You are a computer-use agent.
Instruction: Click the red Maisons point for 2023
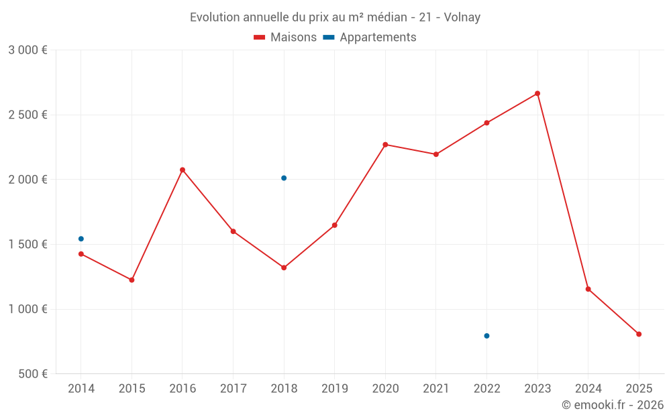coord(537,93)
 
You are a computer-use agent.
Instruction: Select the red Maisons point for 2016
coord(183,170)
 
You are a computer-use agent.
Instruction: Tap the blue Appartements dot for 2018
coord(284,178)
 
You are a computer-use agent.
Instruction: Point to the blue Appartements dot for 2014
coord(81,239)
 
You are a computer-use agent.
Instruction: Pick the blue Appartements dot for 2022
coord(486,336)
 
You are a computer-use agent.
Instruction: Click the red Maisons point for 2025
coord(639,334)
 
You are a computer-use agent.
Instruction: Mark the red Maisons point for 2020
coord(385,145)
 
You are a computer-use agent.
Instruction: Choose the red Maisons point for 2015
coord(132,280)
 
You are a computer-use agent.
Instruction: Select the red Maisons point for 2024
coord(588,289)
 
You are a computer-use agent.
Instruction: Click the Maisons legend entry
coord(285,38)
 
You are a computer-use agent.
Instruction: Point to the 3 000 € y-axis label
coord(28,50)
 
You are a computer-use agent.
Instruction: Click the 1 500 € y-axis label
coord(28,245)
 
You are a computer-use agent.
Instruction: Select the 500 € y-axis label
coord(32,374)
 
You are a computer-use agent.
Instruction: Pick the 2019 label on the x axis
coord(334,389)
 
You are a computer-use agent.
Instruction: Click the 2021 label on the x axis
coord(435,389)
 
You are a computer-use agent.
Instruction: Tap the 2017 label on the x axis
coord(233,389)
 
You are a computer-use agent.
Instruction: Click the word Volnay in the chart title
coord(462,17)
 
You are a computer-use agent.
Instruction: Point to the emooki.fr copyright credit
coord(612,405)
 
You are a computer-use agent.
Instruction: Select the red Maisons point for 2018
coord(284,267)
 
